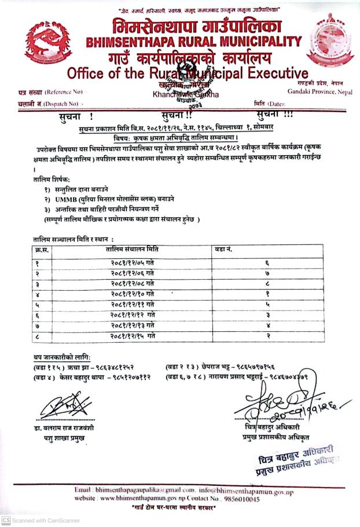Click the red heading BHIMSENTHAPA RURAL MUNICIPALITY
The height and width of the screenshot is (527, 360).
pyautogui.click(x=193, y=42)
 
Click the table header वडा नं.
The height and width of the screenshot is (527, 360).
pyautogui.click(x=223, y=248)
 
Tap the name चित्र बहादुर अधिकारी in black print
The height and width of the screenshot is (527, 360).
pyautogui.click(x=278, y=427)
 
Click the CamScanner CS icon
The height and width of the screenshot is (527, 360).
pyautogui.click(x=5, y=520)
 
